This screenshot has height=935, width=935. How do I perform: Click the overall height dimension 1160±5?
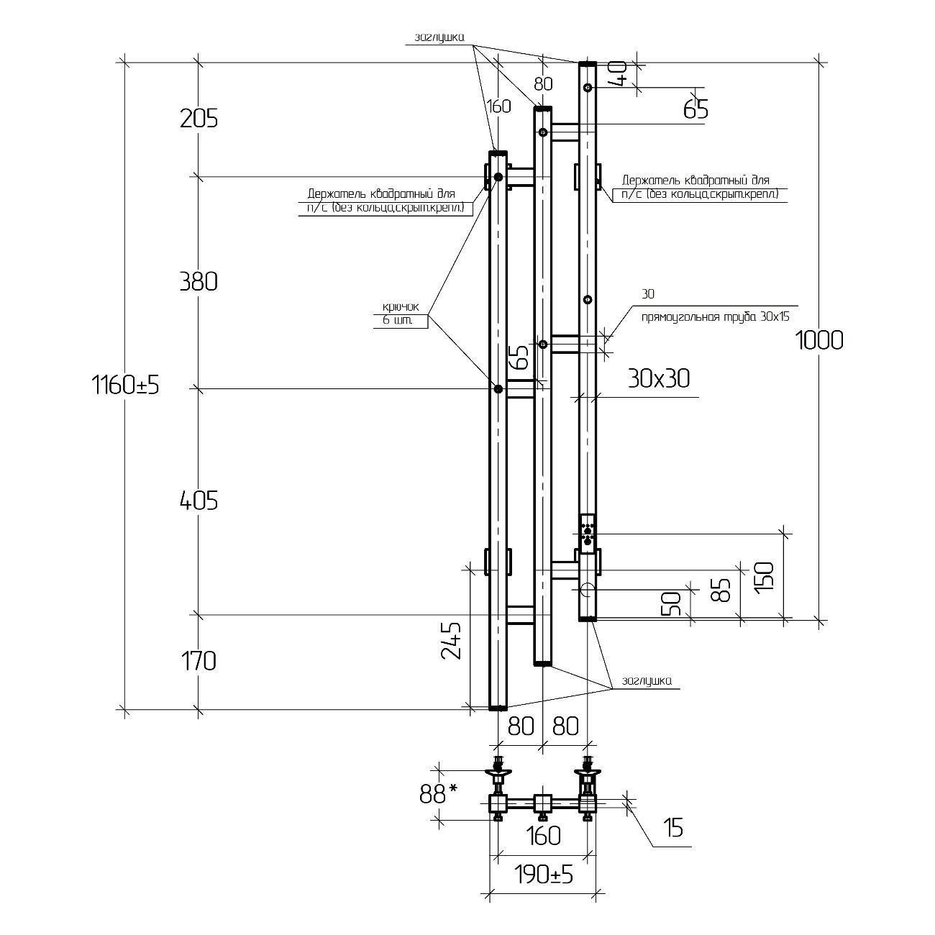pos(125,386)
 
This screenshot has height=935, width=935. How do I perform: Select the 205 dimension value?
pos(199,118)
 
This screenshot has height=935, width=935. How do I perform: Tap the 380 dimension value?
pos(199,281)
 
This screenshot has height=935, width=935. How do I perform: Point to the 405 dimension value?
pos(199,501)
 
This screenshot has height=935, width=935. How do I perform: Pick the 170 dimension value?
pos(199,660)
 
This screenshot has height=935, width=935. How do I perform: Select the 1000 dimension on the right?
pos(819,339)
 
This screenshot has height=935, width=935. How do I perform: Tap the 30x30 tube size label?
pos(658,378)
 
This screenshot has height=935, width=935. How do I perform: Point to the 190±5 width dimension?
pos(543,875)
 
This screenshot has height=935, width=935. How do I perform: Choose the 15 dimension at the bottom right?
pos(672,829)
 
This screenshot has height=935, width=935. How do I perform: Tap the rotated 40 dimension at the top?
pos(619,73)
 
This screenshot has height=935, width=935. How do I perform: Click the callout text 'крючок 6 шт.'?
pos(400,314)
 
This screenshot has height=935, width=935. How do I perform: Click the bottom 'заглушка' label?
pos(647,680)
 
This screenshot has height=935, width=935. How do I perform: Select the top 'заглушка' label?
pos(439,38)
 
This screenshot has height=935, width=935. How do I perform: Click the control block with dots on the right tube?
pos(588,532)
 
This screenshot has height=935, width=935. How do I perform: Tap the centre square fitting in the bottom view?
pos(542,803)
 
